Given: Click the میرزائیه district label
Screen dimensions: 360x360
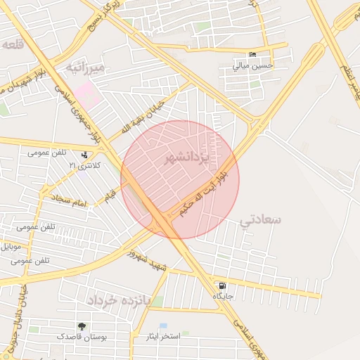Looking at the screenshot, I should tap(86, 67).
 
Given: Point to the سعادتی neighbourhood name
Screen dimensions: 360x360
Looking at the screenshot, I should tap(260, 220).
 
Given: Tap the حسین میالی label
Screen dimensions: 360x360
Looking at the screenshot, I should tap(252, 66).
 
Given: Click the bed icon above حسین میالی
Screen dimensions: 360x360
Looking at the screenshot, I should tap(253, 56).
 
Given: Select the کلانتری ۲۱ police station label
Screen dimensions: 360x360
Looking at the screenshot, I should tap(84, 165).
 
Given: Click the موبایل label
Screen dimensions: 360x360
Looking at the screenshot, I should tap(14, 247).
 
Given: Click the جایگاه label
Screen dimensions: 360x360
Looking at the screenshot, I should tap(224, 296).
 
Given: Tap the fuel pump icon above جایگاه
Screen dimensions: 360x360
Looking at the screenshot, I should tap(223, 286).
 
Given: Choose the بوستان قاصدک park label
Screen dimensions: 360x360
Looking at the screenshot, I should tap(84, 337).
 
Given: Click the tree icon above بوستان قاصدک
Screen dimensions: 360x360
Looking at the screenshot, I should tap(83, 326).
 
